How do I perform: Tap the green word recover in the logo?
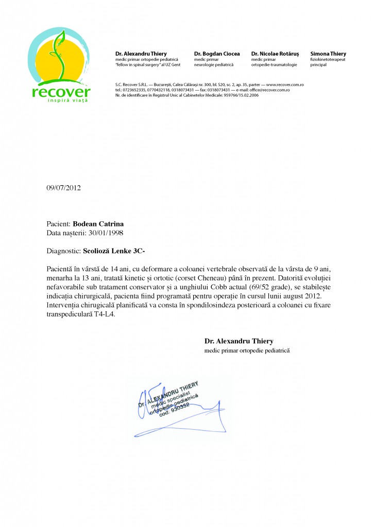coord(60,93)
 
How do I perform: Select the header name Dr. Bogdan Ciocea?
coord(217,54)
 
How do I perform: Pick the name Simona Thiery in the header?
coord(328,54)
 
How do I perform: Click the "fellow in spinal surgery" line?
coord(145,65)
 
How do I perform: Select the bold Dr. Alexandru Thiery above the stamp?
coord(239,341)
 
